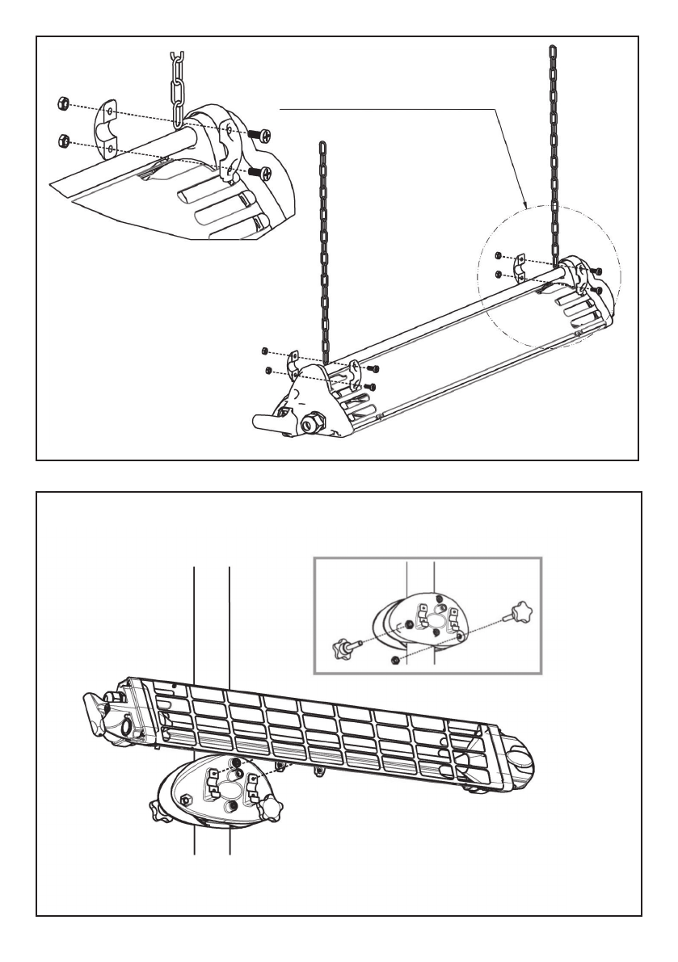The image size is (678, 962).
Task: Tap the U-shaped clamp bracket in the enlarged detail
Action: pos(108,127)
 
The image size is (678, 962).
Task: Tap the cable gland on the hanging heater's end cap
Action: pos(312,421)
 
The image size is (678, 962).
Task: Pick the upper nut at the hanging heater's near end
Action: pos(264,351)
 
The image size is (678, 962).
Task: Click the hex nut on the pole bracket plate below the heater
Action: pos(184,800)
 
